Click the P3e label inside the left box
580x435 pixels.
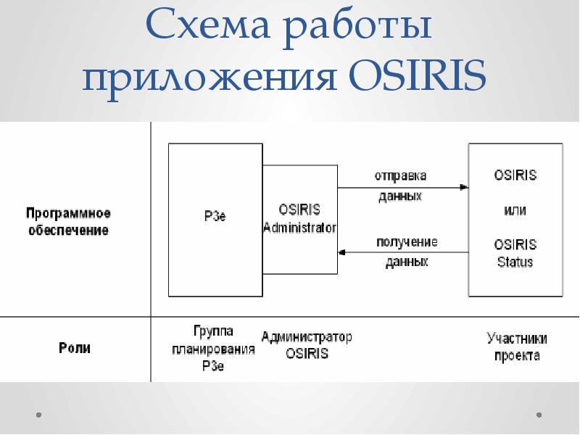(x=215, y=215)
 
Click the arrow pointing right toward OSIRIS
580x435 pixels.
(x=463, y=188)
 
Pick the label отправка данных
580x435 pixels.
(x=400, y=186)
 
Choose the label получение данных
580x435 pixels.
(x=407, y=251)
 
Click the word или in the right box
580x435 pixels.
(x=515, y=210)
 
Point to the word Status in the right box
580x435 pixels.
(x=515, y=262)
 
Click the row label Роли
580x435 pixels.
(x=75, y=348)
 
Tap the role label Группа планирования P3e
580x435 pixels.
(x=213, y=349)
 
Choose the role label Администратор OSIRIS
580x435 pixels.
(x=307, y=346)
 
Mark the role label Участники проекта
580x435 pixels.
(x=517, y=347)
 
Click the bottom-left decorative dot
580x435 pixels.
(x=38, y=415)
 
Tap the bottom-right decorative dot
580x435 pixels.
(x=539, y=415)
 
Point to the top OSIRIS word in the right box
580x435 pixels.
(x=515, y=175)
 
